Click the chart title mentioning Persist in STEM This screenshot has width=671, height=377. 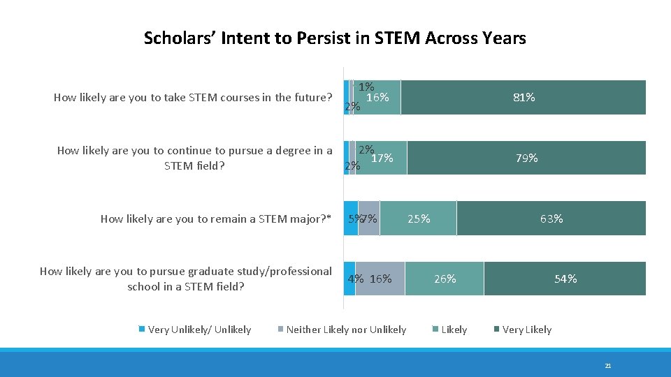tap(335, 38)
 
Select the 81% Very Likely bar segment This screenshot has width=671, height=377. tap(524, 98)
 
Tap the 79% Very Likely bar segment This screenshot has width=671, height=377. tap(526, 158)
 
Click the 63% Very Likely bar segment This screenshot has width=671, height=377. tap(551, 219)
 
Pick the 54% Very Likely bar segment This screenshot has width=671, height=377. tap(565, 279)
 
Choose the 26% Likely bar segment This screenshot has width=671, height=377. tap(445, 279)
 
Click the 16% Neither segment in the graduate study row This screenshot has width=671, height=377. tap(380, 279)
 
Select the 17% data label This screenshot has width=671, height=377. tap(382, 158)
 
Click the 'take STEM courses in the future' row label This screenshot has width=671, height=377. tap(193, 98)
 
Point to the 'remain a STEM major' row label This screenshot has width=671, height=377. tap(215, 219)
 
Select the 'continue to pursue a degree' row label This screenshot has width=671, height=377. tap(194, 158)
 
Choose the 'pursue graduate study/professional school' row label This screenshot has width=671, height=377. tap(186, 279)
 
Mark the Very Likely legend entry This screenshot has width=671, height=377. tap(526, 330)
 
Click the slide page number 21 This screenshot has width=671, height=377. tap(608, 365)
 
